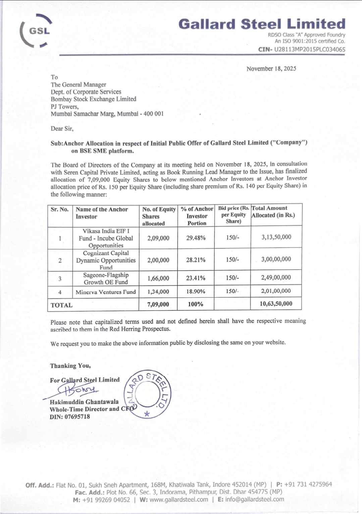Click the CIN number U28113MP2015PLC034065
309,50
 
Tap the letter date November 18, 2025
271,69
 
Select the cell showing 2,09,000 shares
158,238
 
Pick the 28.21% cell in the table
196,260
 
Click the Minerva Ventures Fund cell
106,292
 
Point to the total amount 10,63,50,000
276,304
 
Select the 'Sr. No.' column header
60,209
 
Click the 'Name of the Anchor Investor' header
102,213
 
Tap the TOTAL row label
61,305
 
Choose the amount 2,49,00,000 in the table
276,277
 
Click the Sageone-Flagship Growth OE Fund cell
106,278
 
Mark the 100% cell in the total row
196,304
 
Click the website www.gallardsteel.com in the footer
179,500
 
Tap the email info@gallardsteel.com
254,499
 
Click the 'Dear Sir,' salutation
62,128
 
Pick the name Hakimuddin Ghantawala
84,402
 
